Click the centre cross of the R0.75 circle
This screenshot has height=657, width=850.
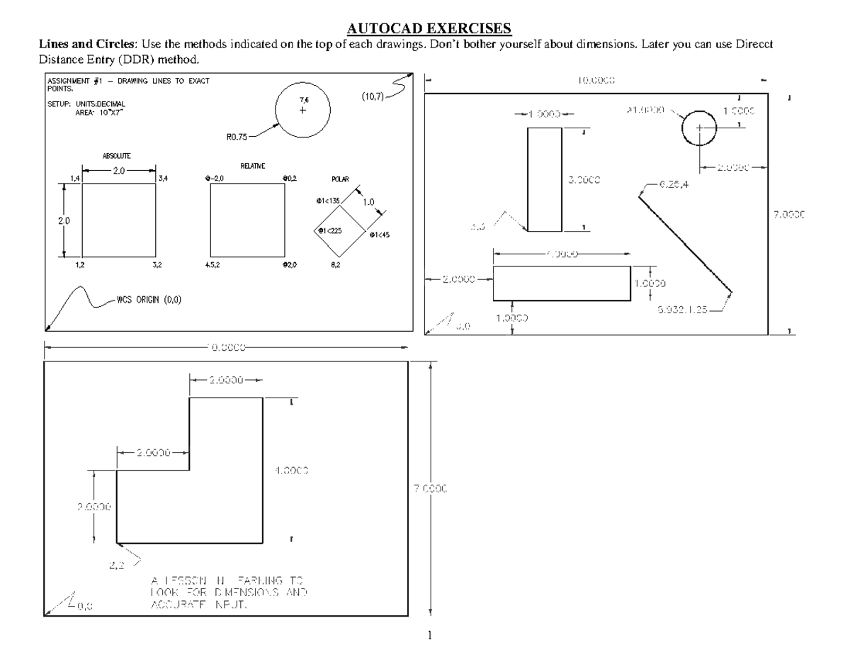click(x=303, y=111)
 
